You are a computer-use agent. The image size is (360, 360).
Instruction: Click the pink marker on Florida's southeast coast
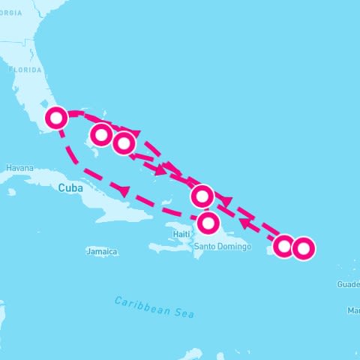click(x=57, y=117)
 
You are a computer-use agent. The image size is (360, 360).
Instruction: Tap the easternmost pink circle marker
click(x=302, y=247)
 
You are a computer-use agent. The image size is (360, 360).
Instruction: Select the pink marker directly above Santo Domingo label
click(x=209, y=223)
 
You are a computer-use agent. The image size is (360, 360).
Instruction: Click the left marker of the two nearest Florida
click(x=101, y=135)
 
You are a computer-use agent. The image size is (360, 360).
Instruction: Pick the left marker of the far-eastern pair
click(x=283, y=245)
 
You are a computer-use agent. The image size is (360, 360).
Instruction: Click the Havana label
click(x=19, y=168)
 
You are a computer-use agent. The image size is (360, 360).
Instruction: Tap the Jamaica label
click(x=102, y=252)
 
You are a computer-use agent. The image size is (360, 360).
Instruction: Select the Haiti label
click(x=181, y=234)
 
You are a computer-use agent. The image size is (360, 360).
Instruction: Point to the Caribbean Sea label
click(x=154, y=307)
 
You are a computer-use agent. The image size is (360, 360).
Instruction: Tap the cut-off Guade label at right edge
click(x=348, y=284)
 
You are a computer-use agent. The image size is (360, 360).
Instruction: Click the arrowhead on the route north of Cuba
click(x=122, y=190)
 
